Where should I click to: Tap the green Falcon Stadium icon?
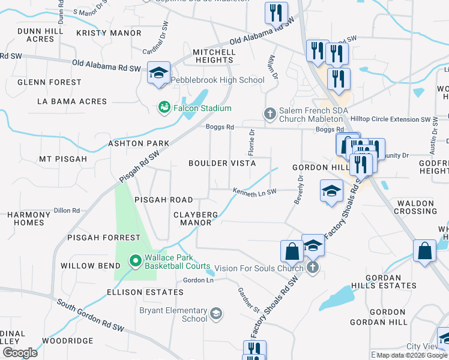coord(163,108)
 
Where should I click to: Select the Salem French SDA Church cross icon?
coord(270,113)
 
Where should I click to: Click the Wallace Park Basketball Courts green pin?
coord(135,261)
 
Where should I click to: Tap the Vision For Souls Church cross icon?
coord(312,268)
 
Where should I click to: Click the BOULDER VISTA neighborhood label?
coord(222,163)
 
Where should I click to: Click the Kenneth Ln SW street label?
coord(255,191)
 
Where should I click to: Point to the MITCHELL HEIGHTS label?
coord(213,56)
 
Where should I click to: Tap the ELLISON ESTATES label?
coord(145,292)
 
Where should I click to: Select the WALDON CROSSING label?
coord(415,208)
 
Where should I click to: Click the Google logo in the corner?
coord(20,353)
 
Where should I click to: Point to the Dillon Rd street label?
coord(67,211)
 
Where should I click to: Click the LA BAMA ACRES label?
coord(71,101)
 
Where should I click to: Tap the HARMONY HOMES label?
coord(29,218)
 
